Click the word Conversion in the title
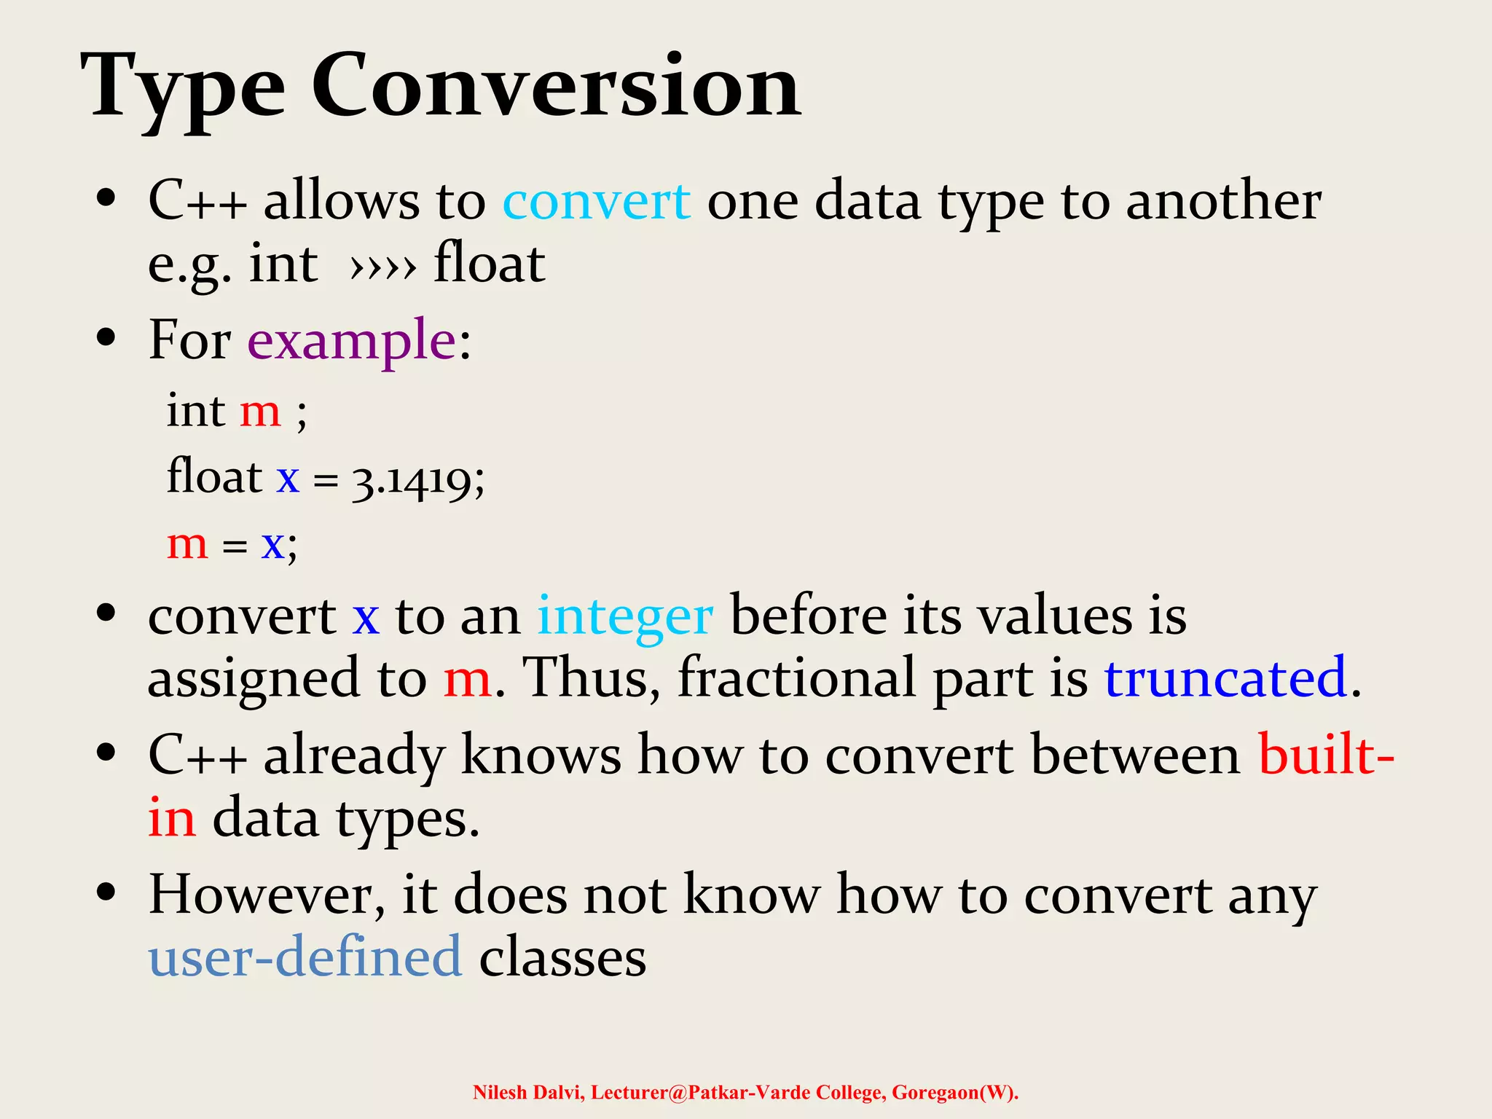[557, 87]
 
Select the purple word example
[352, 341]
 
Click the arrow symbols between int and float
[383, 268]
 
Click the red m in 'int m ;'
[260, 412]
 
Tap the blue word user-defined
[305, 957]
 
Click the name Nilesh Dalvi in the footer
[527, 1093]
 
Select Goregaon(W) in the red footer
[954, 1093]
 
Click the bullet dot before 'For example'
[106, 338]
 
